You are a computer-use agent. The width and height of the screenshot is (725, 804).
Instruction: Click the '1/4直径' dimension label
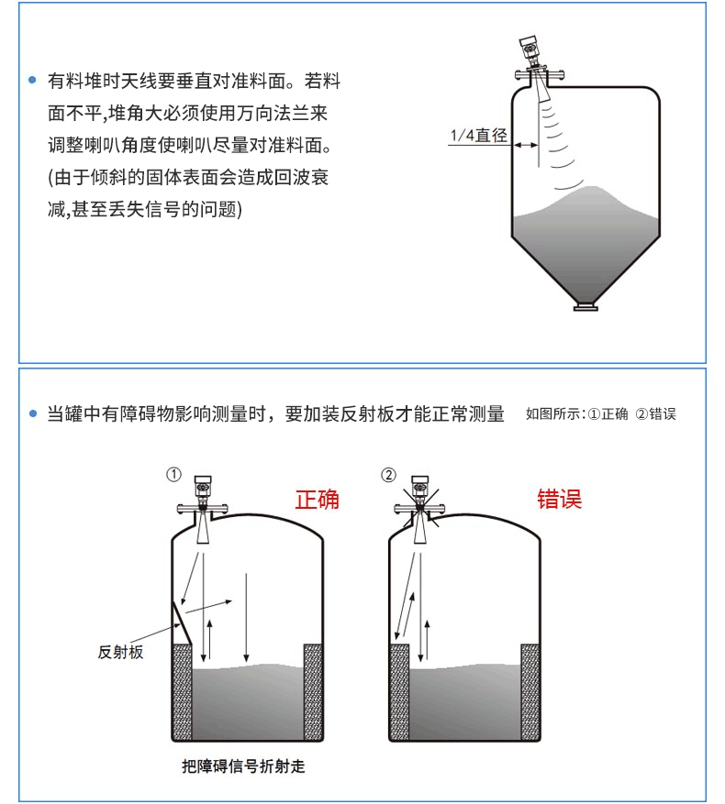point(478,136)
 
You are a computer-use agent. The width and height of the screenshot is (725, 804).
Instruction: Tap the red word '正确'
point(317,499)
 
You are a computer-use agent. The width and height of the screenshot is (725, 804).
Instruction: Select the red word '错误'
point(560,499)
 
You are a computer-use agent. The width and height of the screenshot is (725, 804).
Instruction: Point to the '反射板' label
point(120,652)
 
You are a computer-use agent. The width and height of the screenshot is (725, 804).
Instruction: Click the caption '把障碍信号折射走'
point(243,766)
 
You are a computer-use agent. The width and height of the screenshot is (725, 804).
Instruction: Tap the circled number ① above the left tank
point(173,474)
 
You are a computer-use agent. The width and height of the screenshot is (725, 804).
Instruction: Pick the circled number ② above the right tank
point(389,475)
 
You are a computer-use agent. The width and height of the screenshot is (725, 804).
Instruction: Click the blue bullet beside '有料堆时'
point(32,80)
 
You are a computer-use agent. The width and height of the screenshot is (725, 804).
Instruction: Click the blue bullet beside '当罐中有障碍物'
point(33,413)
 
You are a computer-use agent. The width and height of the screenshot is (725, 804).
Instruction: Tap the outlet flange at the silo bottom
point(586,308)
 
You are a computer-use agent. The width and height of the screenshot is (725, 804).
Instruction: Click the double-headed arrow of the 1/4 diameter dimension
point(526,145)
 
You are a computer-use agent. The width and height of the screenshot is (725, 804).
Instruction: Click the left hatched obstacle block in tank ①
point(182,692)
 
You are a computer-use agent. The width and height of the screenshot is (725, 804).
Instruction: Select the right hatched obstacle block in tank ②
point(530,692)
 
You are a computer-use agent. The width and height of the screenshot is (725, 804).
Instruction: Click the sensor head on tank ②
point(420,487)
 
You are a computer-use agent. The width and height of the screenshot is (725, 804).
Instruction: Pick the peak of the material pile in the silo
point(592,187)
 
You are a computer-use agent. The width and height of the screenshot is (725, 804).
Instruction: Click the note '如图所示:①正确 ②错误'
point(601,413)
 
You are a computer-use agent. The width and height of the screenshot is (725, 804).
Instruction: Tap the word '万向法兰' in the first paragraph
point(291,113)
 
